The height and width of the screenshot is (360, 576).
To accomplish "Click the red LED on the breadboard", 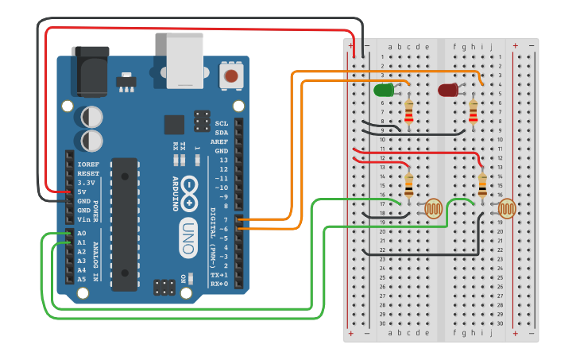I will [x=448, y=90].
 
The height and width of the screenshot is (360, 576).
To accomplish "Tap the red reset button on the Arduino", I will [x=230, y=76].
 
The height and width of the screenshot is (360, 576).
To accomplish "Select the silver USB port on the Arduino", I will [x=184, y=60].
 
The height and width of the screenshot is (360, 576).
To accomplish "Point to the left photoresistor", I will [x=433, y=208].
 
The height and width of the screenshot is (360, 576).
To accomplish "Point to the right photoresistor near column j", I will [x=506, y=208].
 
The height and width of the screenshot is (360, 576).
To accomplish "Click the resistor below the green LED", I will [x=409, y=112].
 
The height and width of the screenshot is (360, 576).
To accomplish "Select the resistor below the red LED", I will [x=474, y=112].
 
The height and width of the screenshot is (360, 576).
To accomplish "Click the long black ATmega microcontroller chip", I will [x=124, y=223].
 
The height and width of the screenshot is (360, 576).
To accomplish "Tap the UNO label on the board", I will [x=188, y=238].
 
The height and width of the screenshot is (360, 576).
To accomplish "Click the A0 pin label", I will [x=82, y=234].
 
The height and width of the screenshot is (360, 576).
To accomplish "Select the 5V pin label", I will [x=82, y=192].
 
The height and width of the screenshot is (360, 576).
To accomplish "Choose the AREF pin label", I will [x=219, y=141].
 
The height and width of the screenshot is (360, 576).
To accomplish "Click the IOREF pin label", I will [x=88, y=165].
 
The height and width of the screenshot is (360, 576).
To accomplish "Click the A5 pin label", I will [x=82, y=279].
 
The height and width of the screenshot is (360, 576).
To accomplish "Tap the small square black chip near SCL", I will [x=174, y=125].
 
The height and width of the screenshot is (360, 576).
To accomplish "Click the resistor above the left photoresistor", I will [x=409, y=185].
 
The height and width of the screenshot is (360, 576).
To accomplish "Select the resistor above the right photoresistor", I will [x=482, y=185].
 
